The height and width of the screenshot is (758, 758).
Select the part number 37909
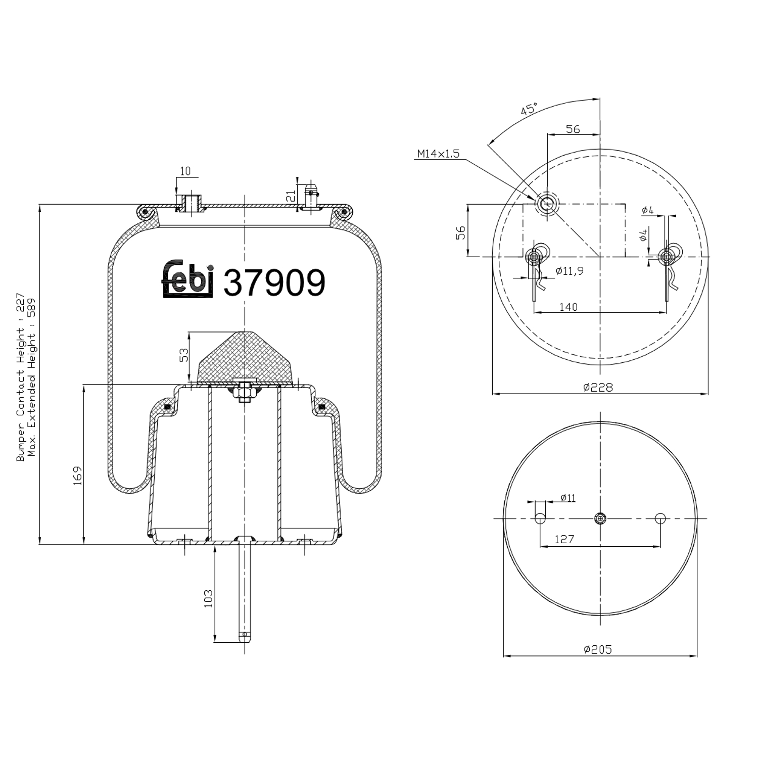[x=274, y=282]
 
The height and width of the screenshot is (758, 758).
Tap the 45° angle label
[x=529, y=109]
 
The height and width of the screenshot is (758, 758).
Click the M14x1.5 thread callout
[x=438, y=154]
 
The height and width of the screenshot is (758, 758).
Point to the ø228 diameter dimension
[x=598, y=387]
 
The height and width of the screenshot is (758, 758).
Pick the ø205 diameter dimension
[x=597, y=649]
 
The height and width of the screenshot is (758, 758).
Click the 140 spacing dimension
[x=568, y=307]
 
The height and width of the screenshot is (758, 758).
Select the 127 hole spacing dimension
[x=564, y=539]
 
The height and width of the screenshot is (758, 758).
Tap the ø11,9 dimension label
[x=570, y=271]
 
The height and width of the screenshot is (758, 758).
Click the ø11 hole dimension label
[x=568, y=498]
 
